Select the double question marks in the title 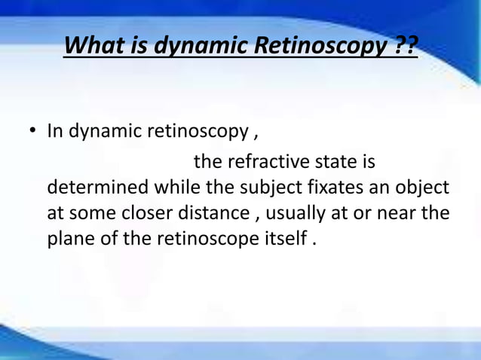click(405, 48)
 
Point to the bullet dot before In click(33, 133)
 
